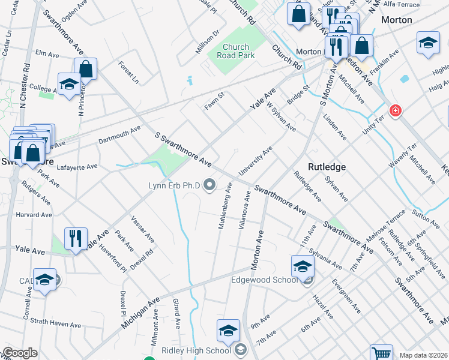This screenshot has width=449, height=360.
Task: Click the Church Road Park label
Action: click(x=239, y=51)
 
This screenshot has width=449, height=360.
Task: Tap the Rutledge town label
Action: click(x=327, y=167)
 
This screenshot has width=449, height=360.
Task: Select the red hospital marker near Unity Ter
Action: click(x=395, y=110)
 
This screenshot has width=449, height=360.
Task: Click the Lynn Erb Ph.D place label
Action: click(x=175, y=185)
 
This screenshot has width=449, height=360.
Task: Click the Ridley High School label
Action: click(x=196, y=350)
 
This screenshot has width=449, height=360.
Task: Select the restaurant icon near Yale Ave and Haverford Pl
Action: click(x=76, y=238)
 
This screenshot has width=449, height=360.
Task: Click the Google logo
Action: click(x=20, y=353)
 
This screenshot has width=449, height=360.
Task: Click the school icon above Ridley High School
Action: click(x=228, y=329)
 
